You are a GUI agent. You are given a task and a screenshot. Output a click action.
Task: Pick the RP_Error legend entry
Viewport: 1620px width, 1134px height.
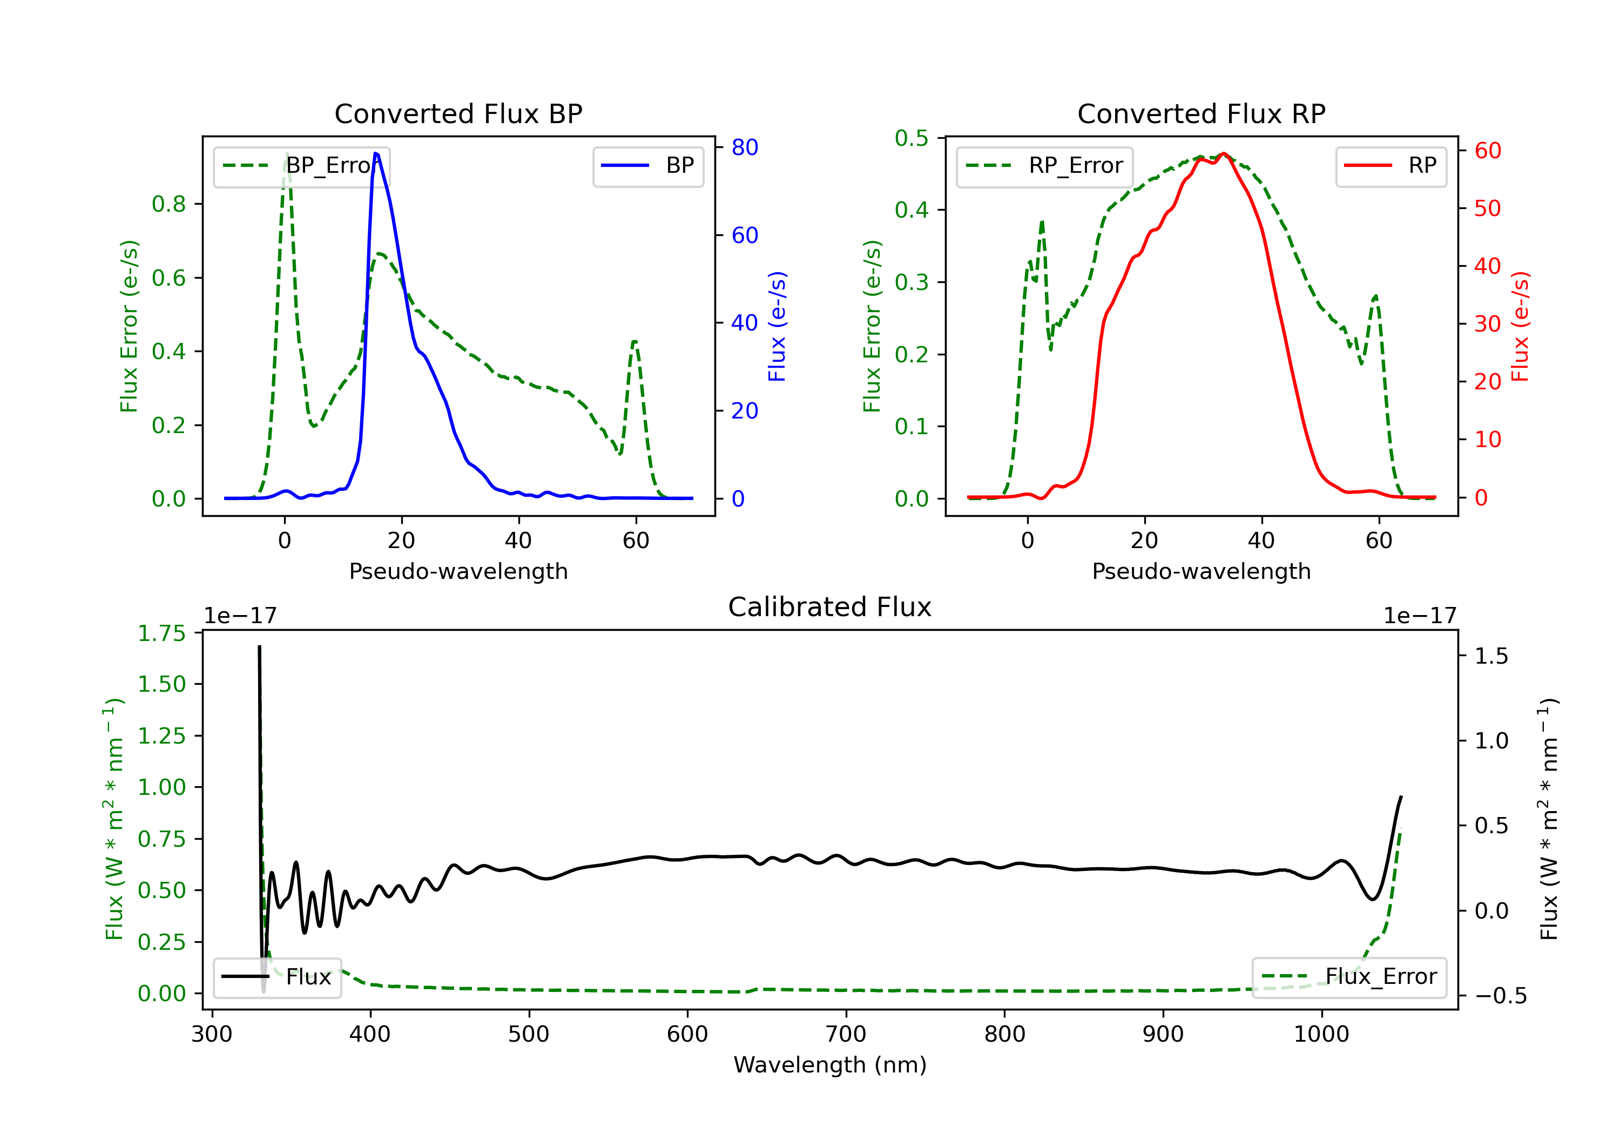tap(1045, 166)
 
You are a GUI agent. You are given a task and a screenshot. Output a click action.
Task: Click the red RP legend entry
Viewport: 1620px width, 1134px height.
tap(1390, 166)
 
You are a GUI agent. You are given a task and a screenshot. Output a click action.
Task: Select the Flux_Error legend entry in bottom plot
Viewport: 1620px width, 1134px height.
tap(1349, 977)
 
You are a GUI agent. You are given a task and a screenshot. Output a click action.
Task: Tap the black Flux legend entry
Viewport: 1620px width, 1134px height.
tap(278, 977)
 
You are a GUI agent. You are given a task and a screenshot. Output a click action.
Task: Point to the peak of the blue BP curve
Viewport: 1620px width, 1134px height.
tap(376, 153)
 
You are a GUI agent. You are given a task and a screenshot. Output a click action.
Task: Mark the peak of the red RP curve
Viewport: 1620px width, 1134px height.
tap(1224, 153)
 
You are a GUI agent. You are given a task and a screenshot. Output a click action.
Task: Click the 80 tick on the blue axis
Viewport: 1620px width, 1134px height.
tap(744, 147)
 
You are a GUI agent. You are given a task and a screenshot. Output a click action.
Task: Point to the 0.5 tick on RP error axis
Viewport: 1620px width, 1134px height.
tap(912, 138)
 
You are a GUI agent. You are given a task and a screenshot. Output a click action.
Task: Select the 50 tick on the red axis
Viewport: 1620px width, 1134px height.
tap(1487, 208)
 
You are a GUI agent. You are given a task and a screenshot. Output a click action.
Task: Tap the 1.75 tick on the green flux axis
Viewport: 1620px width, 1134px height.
tap(161, 633)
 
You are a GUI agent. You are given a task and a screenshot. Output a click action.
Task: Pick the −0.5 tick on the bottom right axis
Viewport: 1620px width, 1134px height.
tap(1500, 996)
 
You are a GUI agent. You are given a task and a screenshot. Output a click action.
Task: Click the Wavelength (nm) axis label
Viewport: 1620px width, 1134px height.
tap(830, 1065)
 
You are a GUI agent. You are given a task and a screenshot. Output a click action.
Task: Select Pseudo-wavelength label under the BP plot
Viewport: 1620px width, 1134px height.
tap(458, 571)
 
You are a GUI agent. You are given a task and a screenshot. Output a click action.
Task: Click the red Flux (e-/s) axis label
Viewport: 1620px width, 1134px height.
tap(1520, 327)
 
